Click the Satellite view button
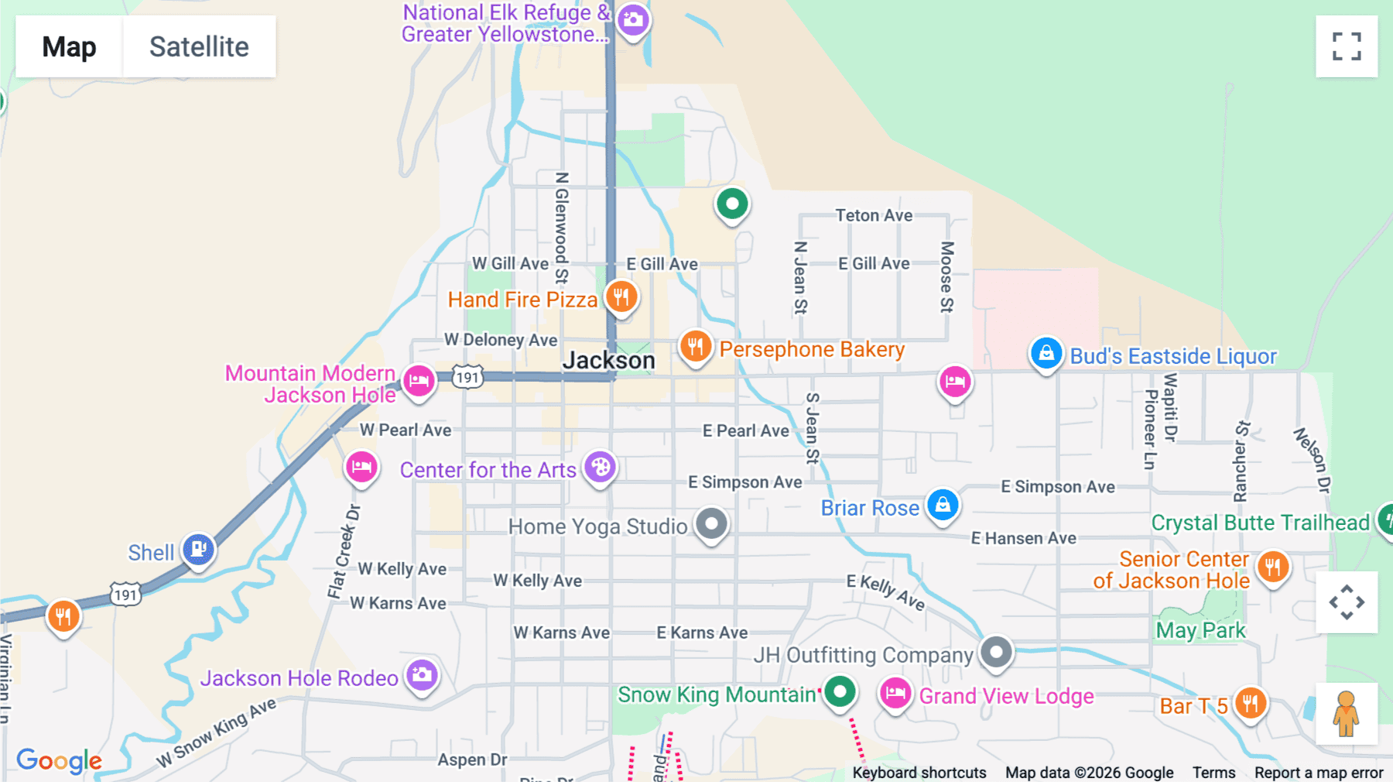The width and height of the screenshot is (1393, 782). click(x=199, y=46)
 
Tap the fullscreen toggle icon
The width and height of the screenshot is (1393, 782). click(x=1347, y=46)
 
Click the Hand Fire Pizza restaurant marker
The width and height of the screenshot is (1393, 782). click(x=621, y=297)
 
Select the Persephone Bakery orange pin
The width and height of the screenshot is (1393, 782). click(x=695, y=346)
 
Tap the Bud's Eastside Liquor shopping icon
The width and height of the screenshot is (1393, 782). click(x=1046, y=354)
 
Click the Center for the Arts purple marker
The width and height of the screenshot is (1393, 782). click(x=600, y=467)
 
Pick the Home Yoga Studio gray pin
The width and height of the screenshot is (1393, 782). click(x=711, y=524)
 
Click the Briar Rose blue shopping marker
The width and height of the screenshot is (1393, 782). click(x=943, y=506)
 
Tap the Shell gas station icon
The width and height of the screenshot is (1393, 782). click(x=198, y=550)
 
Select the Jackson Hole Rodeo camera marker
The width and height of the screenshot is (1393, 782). click(x=422, y=675)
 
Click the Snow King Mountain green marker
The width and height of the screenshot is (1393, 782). click(x=840, y=691)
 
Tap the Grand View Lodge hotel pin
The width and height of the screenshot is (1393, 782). click(x=895, y=693)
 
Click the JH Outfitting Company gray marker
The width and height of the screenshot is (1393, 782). click(x=996, y=652)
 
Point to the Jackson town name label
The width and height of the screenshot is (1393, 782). click(x=608, y=361)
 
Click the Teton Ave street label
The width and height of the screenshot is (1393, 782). click(x=874, y=215)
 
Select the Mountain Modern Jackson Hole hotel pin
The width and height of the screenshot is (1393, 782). click(x=419, y=381)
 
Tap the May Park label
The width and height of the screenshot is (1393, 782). click(x=1200, y=630)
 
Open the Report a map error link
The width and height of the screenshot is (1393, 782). click(x=1318, y=773)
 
